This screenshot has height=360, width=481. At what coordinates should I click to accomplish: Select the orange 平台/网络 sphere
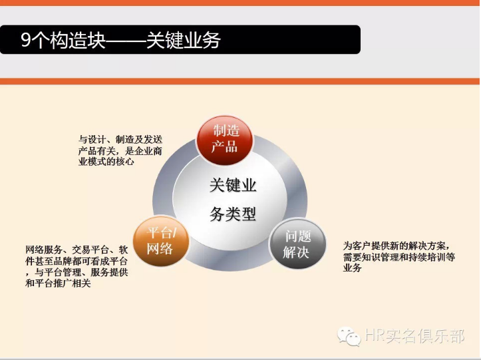tap(160, 241)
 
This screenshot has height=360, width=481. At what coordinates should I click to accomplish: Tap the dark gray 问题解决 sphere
tap(297, 244)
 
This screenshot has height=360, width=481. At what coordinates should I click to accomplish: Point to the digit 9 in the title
tap(25, 41)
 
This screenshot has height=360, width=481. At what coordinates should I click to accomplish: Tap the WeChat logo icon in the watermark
tap(348, 335)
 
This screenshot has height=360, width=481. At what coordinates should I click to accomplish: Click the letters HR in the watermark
tap(375, 336)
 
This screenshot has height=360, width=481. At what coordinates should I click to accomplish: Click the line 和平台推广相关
tap(58, 283)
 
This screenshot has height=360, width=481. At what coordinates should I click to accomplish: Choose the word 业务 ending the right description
tap(352, 268)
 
